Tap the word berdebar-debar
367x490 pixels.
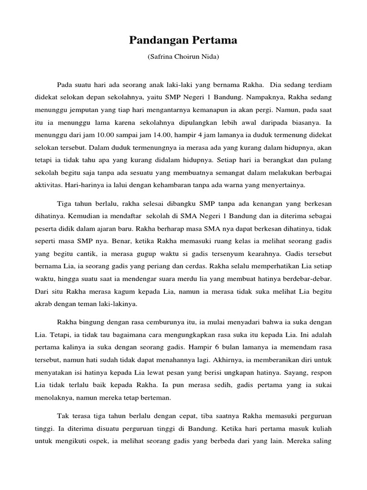point(308,278)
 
